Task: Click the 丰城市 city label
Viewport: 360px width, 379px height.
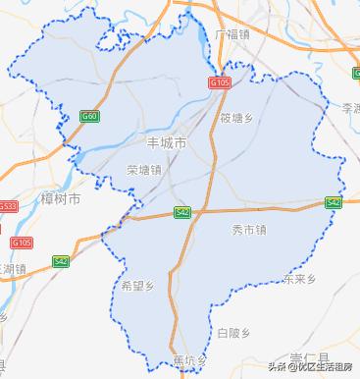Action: pos(166,143)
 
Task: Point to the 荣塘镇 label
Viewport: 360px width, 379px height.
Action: pos(143,169)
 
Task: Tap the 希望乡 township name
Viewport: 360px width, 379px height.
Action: pos(138,287)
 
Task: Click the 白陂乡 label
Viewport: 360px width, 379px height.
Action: pos(235,333)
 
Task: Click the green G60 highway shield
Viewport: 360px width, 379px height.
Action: pos(90,116)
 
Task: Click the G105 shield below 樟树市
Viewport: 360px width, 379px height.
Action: pos(21,242)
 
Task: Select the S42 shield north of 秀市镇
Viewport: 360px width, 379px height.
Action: pos(182,212)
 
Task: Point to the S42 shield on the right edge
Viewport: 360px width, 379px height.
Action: pos(334,202)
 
